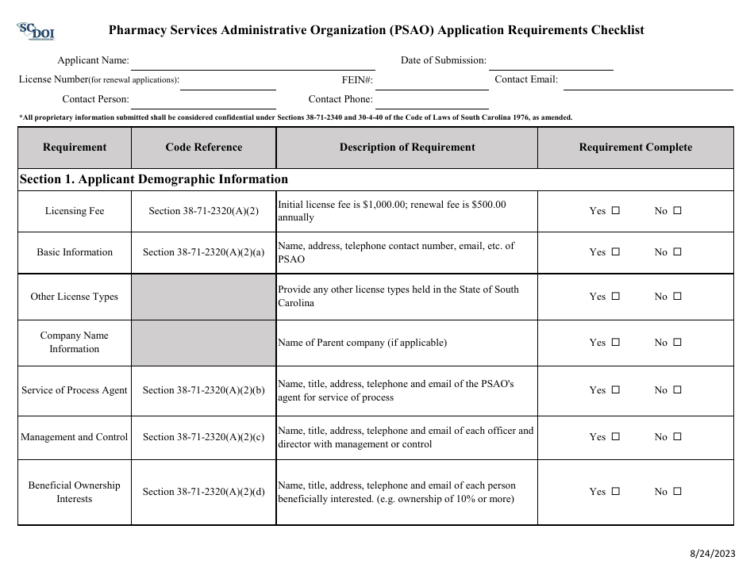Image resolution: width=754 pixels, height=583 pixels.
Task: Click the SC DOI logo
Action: [35, 32]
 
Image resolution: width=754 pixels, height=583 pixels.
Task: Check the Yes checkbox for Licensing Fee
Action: [615, 211]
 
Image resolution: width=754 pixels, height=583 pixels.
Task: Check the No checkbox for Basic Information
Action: [677, 252]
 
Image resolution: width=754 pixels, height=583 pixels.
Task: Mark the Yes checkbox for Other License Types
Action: [615, 297]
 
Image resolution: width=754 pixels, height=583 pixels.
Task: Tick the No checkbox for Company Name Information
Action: [677, 343]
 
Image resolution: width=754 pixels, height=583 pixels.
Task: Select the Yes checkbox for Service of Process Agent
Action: [615, 390]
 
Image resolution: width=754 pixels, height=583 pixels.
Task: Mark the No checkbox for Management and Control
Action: [677, 437]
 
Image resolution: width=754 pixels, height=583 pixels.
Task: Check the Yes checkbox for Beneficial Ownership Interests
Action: [615, 492]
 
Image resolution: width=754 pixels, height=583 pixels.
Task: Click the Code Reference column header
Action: [204, 148]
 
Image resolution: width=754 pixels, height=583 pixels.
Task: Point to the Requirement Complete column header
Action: [635, 148]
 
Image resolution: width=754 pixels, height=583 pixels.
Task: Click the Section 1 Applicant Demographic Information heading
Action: [154, 179]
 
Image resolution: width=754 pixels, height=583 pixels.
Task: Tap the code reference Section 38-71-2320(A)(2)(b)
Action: [204, 390]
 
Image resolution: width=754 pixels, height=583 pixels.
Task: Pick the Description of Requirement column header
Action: [407, 148]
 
